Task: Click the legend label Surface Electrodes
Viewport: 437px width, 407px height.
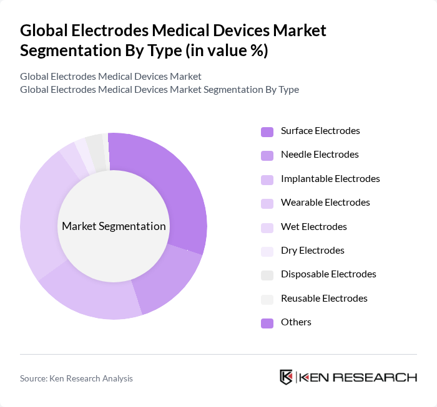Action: point(320,131)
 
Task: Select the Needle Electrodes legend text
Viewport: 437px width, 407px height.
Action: point(320,155)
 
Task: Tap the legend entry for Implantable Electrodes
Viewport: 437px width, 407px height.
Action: point(330,179)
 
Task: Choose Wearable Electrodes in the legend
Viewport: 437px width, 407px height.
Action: point(325,203)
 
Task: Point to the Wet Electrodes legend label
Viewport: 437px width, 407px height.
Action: point(313,227)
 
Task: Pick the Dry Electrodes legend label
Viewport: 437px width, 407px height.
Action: point(312,251)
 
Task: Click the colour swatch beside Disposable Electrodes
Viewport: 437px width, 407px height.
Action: point(267,275)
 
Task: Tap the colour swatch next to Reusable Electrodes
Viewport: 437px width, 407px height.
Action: point(267,299)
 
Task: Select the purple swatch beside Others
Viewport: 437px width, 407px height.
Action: point(267,322)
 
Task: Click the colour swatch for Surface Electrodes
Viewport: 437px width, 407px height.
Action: point(267,132)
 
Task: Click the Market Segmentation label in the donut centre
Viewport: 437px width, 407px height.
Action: point(114,226)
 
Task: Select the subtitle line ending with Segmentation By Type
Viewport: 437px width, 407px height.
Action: point(159,89)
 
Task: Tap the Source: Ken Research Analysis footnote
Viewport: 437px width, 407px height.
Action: point(76,378)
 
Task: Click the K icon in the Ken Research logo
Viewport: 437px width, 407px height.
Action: point(286,377)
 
